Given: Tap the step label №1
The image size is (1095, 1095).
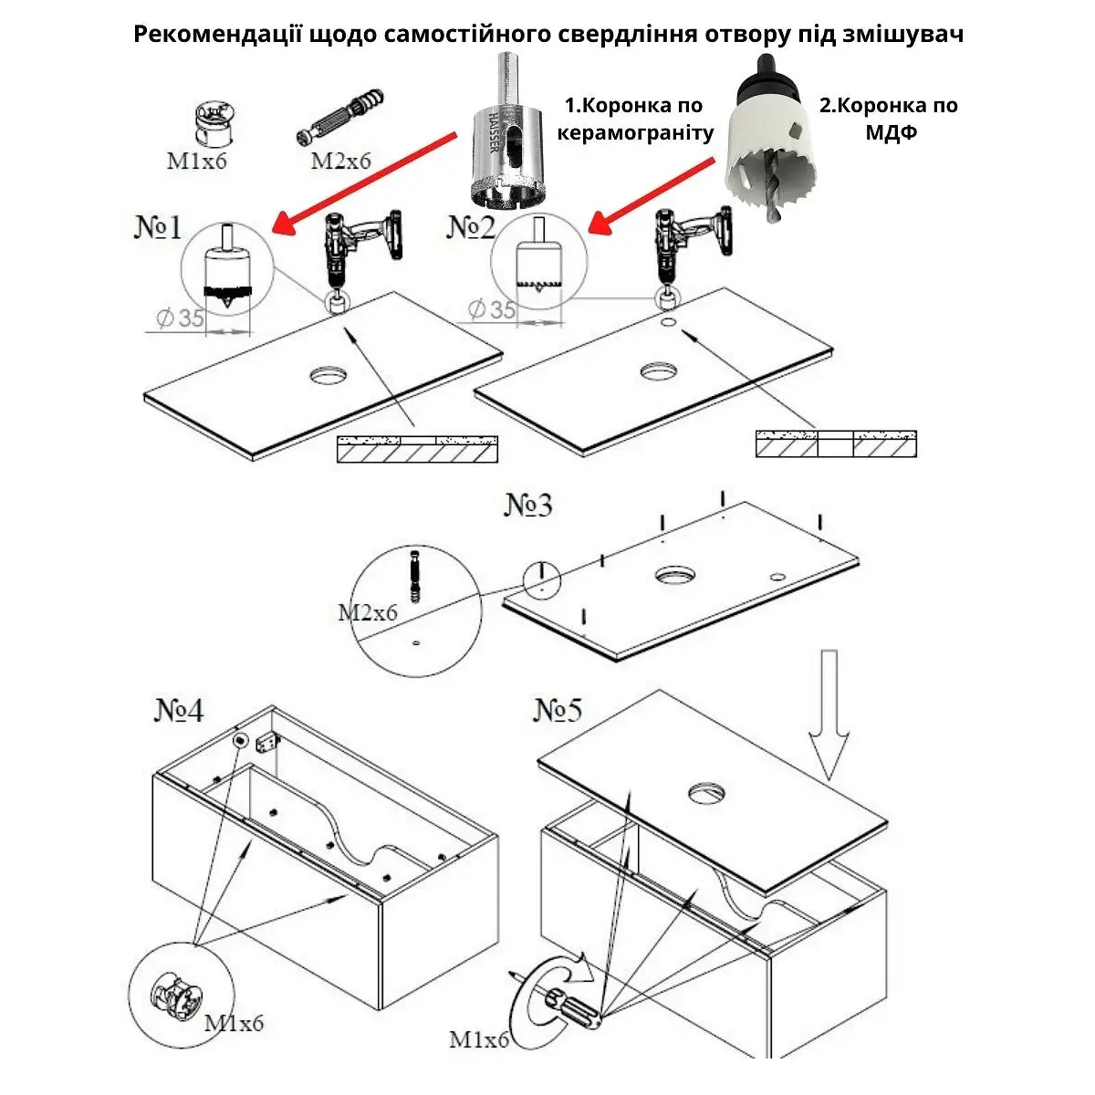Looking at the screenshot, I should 159,228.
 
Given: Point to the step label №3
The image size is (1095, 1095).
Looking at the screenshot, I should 529,504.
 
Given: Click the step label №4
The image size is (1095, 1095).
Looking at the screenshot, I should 179,711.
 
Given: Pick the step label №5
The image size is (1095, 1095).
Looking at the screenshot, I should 558,711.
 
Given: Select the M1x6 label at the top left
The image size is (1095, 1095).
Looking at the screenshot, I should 196,162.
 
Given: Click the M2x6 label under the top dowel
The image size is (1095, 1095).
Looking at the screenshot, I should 341,162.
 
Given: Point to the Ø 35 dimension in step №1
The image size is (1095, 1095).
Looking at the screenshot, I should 179,318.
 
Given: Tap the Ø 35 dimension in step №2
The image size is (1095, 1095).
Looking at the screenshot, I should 492,310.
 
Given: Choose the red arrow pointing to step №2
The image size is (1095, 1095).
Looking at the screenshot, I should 652,194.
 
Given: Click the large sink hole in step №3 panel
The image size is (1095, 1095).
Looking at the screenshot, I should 673,575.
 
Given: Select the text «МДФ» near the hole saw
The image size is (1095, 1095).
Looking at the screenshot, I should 890,131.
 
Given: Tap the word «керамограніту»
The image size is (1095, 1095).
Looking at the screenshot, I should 635,133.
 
